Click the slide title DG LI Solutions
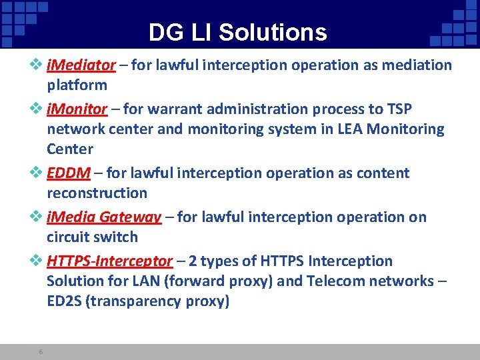coord(237,32)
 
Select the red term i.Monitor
coord(77,109)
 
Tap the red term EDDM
coord(69,173)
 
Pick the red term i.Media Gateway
coord(104,217)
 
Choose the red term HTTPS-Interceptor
coord(110,261)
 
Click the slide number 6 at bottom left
coord(41,351)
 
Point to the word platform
coord(77,85)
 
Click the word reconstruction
coord(97,193)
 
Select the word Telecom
coord(336,281)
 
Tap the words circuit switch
coord(92,237)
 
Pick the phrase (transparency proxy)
coord(159,301)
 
